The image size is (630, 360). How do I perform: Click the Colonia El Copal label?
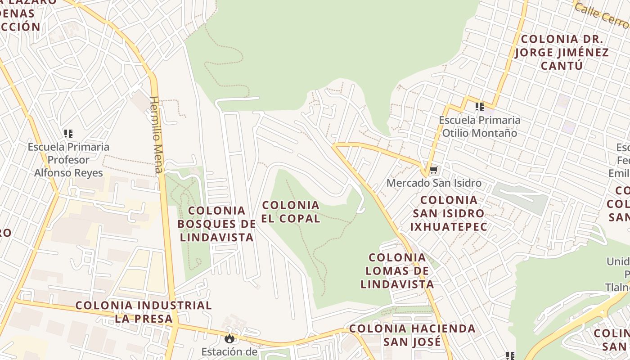[x=291, y=212]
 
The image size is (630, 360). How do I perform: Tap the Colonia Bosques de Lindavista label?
[x=216, y=224]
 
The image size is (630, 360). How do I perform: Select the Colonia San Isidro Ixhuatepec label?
[x=449, y=213]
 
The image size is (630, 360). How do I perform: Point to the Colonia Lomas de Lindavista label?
[x=397, y=271]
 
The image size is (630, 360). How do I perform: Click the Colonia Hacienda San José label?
[x=412, y=335]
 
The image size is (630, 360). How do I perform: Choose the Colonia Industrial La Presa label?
[x=144, y=312]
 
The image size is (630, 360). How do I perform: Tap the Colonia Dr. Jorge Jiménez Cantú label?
[x=562, y=52]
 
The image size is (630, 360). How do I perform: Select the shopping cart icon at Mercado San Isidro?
[x=433, y=170]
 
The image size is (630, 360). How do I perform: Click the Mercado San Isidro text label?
[x=434, y=183]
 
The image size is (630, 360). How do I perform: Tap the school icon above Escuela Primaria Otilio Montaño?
[x=480, y=107]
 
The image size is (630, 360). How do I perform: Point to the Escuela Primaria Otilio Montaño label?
[x=480, y=126]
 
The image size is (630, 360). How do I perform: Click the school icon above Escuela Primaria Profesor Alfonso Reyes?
[x=68, y=134]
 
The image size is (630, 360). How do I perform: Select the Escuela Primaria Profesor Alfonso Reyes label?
[x=68, y=160]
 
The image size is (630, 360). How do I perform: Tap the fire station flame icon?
[x=229, y=338]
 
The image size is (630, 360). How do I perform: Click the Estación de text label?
[x=229, y=351]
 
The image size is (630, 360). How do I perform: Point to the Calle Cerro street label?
[x=601, y=15]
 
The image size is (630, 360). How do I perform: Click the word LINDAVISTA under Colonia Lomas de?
[x=397, y=284]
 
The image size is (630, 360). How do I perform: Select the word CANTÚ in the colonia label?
[x=562, y=66]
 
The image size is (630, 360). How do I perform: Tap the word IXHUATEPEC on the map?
[x=449, y=226]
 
